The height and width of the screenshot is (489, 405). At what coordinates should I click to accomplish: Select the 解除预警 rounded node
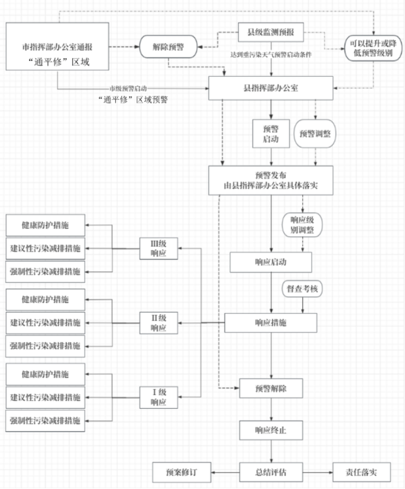tap(168, 48)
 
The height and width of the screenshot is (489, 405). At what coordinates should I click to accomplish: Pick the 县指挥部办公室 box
tap(271, 88)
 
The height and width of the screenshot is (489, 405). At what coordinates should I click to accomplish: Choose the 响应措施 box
tap(271, 322)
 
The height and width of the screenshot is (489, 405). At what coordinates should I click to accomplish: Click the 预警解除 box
tap(271, 386)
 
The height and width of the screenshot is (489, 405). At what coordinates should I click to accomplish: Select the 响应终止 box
tap(271, 431)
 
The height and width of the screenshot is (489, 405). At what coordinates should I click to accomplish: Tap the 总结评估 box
tap(271, 473)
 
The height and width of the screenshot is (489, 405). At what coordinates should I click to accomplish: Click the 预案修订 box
tap(181, 473)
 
